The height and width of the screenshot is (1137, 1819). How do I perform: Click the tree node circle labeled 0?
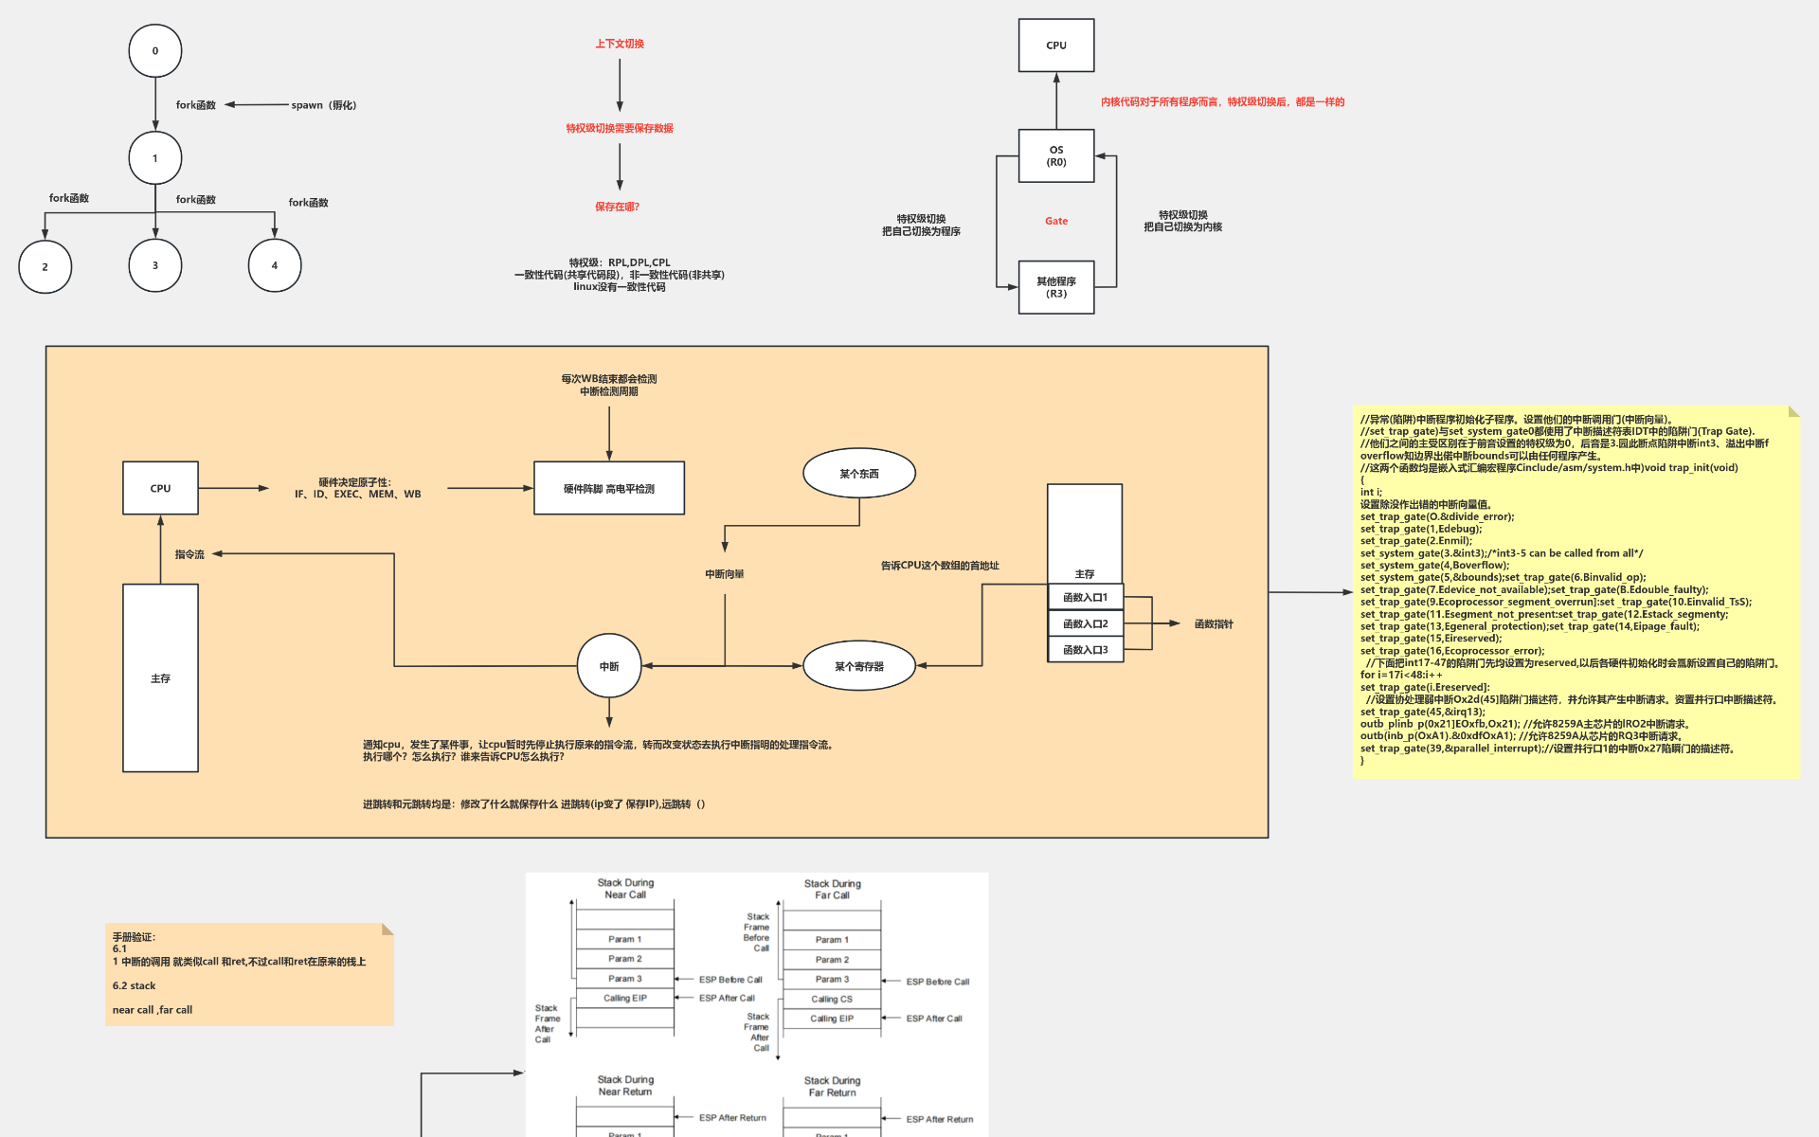(x=155, y=51)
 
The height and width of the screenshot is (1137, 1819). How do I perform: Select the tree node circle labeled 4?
(x=275, y=265)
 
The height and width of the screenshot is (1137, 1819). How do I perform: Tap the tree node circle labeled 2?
(x=45, y=266)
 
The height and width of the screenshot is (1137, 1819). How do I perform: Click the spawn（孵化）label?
(x=323, y=105)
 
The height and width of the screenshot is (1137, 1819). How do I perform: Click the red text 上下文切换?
(x=620, y=44)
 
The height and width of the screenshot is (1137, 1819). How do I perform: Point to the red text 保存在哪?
(x=617, y=207)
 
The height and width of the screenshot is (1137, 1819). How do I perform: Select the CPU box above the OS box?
(x=1056, y=45)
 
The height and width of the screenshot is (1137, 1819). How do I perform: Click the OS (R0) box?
(x=1056, y=155)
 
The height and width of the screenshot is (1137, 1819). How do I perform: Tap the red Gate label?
(x=1056, y=221)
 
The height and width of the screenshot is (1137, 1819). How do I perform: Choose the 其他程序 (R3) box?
(x=1056, y=287)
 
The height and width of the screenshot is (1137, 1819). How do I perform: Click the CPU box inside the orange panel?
(x=160, y=488)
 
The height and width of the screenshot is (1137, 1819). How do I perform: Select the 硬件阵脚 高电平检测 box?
(x=609, y=488)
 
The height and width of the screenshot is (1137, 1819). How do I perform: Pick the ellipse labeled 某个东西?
(x=859, y=473)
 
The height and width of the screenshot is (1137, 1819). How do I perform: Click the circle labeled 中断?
(x=609, y=666)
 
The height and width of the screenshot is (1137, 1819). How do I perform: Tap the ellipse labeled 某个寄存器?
(x=859, y=666)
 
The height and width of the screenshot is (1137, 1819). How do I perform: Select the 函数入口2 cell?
(x=1085, y=623)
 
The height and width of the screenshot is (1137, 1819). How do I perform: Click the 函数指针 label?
(x=1214, y=623)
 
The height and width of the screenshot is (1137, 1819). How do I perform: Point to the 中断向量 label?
(x=725, y=574)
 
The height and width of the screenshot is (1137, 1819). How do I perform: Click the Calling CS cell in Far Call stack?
(x=832, y=999)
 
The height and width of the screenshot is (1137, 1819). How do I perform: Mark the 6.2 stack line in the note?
(x=134, y=985)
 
